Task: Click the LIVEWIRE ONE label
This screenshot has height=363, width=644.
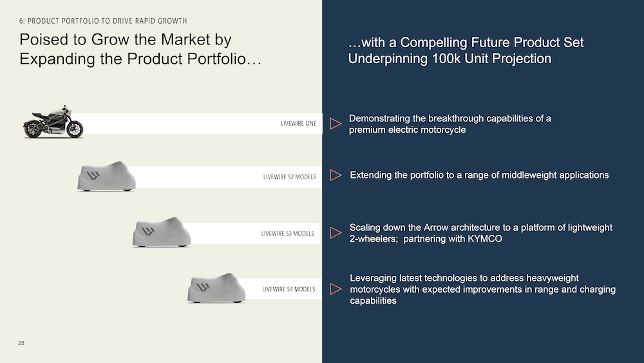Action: click(298, 123)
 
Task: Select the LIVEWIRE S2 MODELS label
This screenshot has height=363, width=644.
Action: click(289, 177)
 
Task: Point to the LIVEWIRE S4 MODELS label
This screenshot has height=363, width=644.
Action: click(289, 289)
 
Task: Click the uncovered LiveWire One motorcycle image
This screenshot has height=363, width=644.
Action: click(54, 122)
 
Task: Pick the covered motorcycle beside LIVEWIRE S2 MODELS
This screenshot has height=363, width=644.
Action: click(107, 176)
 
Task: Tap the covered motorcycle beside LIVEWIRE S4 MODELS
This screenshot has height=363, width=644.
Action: click(216, 288)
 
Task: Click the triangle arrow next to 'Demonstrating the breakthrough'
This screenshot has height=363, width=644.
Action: click(335, 124)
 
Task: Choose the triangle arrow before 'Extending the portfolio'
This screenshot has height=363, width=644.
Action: click(335, 175)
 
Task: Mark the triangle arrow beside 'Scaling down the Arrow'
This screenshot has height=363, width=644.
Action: click(335, 233)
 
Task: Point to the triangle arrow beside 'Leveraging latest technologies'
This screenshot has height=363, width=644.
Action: click(335, 289)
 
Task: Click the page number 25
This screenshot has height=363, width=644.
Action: click(21, 343)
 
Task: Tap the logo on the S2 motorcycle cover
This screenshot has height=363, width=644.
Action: click(94, 175)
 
